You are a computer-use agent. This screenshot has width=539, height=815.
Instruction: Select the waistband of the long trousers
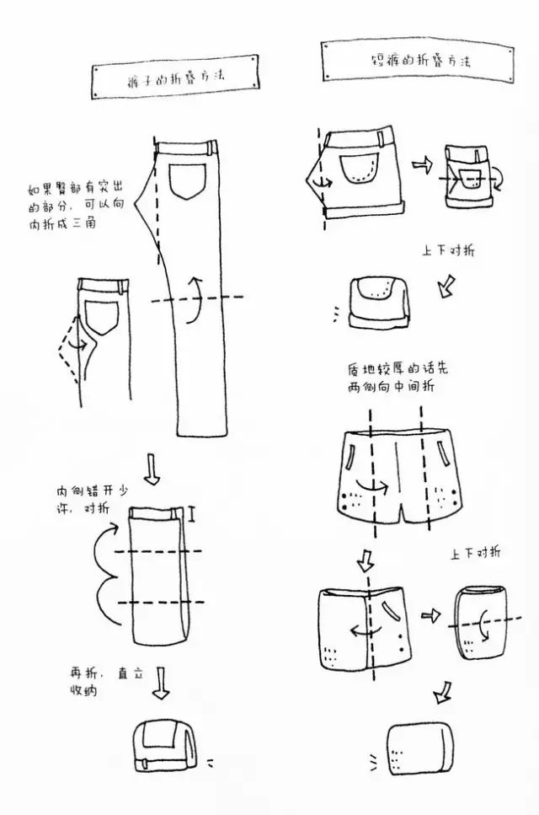point(188,149)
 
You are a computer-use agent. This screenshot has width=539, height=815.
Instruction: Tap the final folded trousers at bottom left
point(164,747)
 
